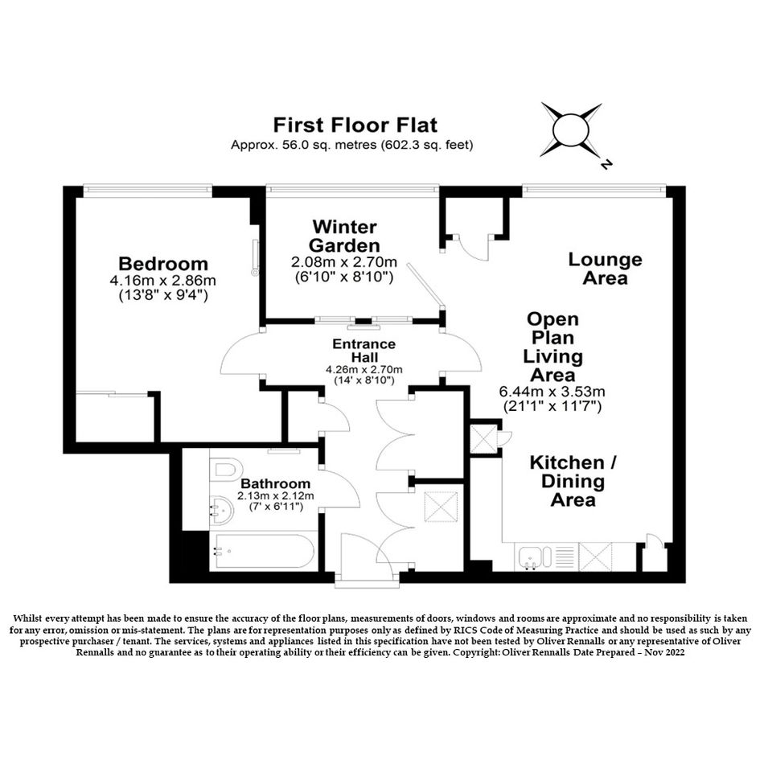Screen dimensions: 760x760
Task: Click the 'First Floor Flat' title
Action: coord(355,125)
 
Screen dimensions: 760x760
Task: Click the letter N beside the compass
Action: coord(606,164)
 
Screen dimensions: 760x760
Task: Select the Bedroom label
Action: coord(163,264)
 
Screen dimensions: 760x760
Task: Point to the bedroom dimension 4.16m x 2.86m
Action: coord(162,281)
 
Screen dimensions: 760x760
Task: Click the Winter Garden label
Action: coord(344,236)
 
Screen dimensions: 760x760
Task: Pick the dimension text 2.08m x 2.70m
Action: coord(344,262)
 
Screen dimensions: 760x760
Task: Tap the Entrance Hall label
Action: coord(364,351)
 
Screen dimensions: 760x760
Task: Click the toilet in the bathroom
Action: coord(226,469)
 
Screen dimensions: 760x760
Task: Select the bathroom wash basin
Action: coord(221,511)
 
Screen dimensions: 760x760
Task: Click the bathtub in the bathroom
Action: coord(265,551)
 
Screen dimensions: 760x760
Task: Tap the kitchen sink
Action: coord(536,557)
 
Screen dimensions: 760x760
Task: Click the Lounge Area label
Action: coord(605,269)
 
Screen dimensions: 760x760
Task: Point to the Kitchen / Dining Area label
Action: coord(573,481)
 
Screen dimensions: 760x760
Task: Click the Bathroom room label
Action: coord(275,483)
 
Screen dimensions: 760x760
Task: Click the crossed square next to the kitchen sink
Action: coord(596,557)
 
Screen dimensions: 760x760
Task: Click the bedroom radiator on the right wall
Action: coord(256,257)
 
